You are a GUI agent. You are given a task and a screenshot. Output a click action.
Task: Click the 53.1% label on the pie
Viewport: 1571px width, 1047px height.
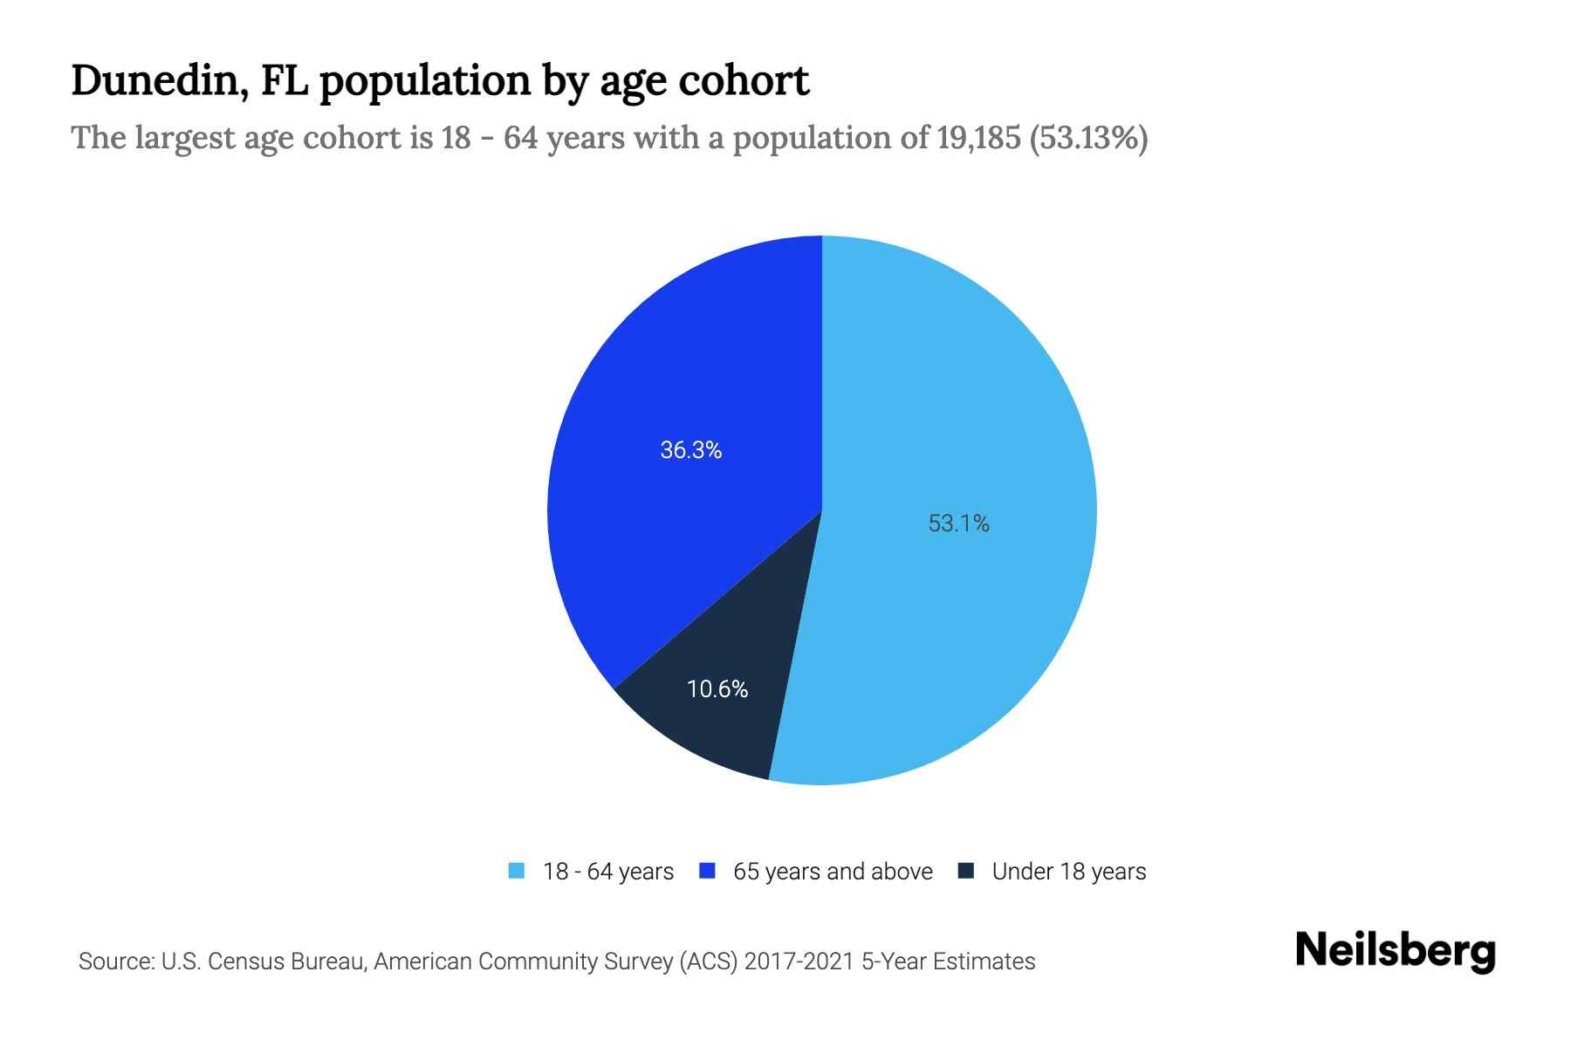point(958,523)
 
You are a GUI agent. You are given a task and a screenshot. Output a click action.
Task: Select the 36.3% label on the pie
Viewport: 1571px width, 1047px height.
point(691,450)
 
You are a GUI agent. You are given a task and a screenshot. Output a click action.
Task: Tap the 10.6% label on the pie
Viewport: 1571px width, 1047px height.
point(717,689)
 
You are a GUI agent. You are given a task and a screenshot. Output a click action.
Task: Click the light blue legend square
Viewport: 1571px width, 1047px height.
point(517,871)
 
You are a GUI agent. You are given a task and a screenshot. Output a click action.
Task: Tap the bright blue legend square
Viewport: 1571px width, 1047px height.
point(708,871)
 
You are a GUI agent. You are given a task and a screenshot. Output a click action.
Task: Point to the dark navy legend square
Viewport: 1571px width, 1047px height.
point(966,871)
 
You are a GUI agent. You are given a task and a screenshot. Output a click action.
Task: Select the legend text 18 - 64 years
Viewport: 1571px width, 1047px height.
point(608,872)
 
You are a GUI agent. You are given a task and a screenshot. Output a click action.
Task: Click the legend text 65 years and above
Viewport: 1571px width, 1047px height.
point(833,872)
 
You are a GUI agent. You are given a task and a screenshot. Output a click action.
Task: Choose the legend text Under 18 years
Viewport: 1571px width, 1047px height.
point(1069,872)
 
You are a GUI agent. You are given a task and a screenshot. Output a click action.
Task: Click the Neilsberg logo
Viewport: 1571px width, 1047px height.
point(1395,951)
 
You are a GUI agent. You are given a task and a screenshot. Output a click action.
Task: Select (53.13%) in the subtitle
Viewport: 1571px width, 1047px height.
point(1089,138)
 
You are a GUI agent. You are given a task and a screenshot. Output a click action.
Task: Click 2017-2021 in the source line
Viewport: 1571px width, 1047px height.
point(799,961)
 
